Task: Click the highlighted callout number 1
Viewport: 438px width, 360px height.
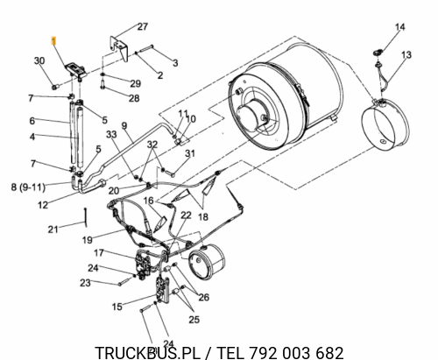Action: pyautogui.click(x=53, y=41)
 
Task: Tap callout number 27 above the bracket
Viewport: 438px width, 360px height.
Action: pyautogui.click(x=143, y=26)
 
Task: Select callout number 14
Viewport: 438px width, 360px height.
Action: pyautogui.click(x=400, y=27)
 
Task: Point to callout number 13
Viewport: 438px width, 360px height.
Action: pyautogui.click(x=406, y=54)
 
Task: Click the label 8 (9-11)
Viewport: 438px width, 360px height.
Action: pyautogui.click(x=28, y=187)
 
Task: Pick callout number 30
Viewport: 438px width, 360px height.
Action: pyautogui.click(x=39, y=60)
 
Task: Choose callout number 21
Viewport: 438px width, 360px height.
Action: pyautogui.click(x=53, y=229)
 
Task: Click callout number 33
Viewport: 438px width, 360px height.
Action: pyautogui.click(x=111, y=134)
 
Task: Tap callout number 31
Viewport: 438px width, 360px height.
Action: pyautogui.click(x=190, y=153)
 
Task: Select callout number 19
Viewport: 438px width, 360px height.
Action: pyautogui.click(x=88, y=240)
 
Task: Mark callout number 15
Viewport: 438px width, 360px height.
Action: pyautogui.click(x=117, y=307)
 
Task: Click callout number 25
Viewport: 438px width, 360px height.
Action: pyautogui.click(x=194, y=320)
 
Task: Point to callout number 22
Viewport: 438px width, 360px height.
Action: pyautogui.click(x=186, y=215)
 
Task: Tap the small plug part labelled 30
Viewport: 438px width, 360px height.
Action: pyautogui.click(x=55, y=87)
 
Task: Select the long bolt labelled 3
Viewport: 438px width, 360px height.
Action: pyautogui.click(x=147, y=49)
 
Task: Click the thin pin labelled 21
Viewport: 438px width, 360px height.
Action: pyautogui.click(x=85, y=217)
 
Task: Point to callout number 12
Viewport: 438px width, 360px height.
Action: pyautogui.click(x=43, y=205)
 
